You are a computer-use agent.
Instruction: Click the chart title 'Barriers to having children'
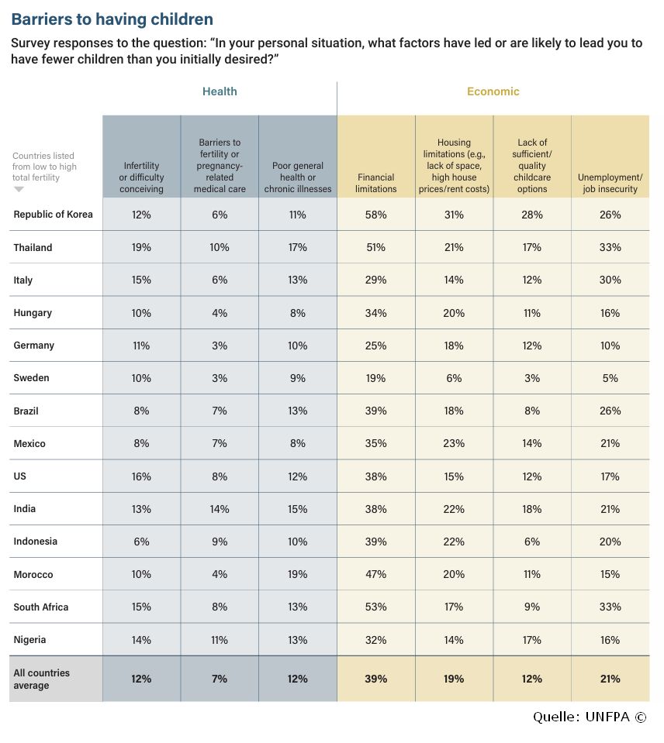112,19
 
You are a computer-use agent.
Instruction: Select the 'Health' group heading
220,91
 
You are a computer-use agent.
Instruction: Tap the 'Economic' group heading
493,91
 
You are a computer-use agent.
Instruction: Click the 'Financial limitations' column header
376,183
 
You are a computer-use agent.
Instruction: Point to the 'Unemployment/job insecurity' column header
610,183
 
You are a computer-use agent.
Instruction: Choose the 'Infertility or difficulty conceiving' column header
141,177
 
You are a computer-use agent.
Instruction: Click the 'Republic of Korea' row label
53,214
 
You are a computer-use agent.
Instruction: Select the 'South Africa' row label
41,607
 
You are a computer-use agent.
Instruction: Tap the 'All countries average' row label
41,679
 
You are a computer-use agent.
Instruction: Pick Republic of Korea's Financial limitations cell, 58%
375,215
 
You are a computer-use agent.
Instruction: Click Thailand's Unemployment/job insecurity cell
610,247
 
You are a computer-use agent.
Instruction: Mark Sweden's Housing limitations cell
454,378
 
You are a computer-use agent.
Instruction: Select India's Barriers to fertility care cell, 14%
220,509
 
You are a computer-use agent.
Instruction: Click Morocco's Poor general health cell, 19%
297,574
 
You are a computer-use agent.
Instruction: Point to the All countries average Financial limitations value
375,679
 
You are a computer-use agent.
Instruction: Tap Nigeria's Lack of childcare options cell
532,640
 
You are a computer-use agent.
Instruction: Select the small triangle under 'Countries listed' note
19,189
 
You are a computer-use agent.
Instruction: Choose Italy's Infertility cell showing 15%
141,280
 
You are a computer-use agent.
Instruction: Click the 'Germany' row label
33,346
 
